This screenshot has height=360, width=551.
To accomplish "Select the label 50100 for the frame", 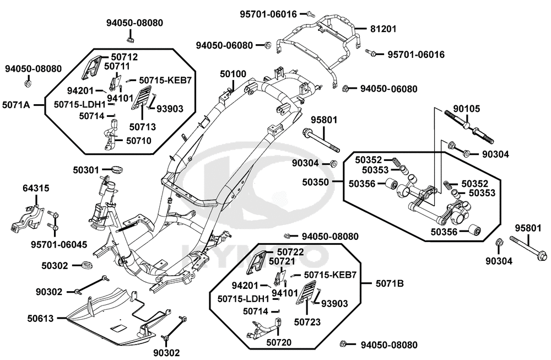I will tap(233, 73).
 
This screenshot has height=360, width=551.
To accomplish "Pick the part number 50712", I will tap(124, 57).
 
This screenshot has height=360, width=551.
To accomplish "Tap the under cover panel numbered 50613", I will tap(110, 320).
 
